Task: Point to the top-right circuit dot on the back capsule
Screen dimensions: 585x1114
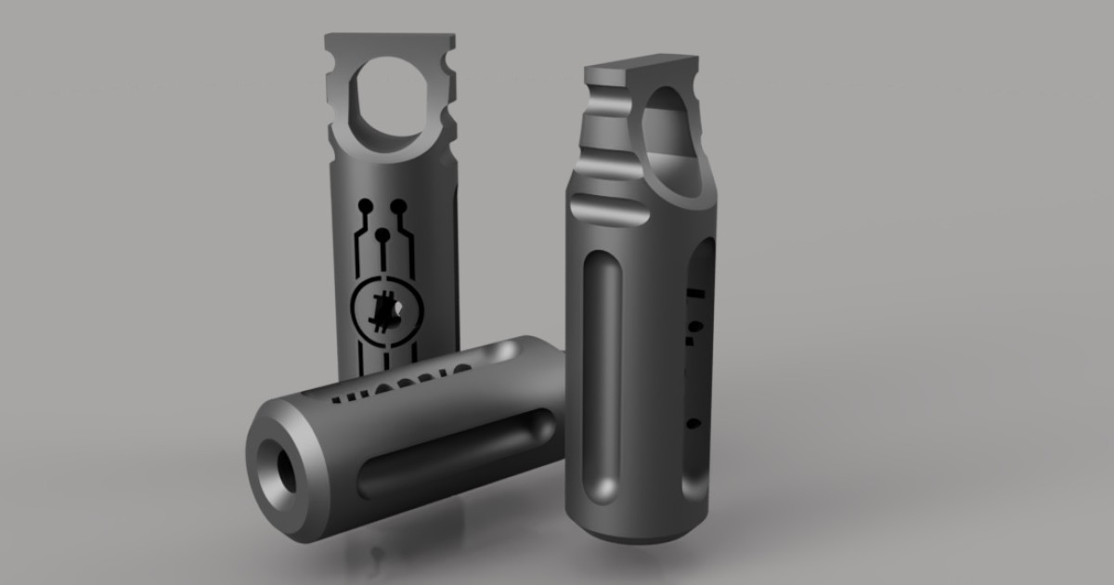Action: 398,202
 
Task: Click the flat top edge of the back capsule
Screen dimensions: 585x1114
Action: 390,40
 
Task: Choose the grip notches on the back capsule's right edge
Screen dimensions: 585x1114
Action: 448,102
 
